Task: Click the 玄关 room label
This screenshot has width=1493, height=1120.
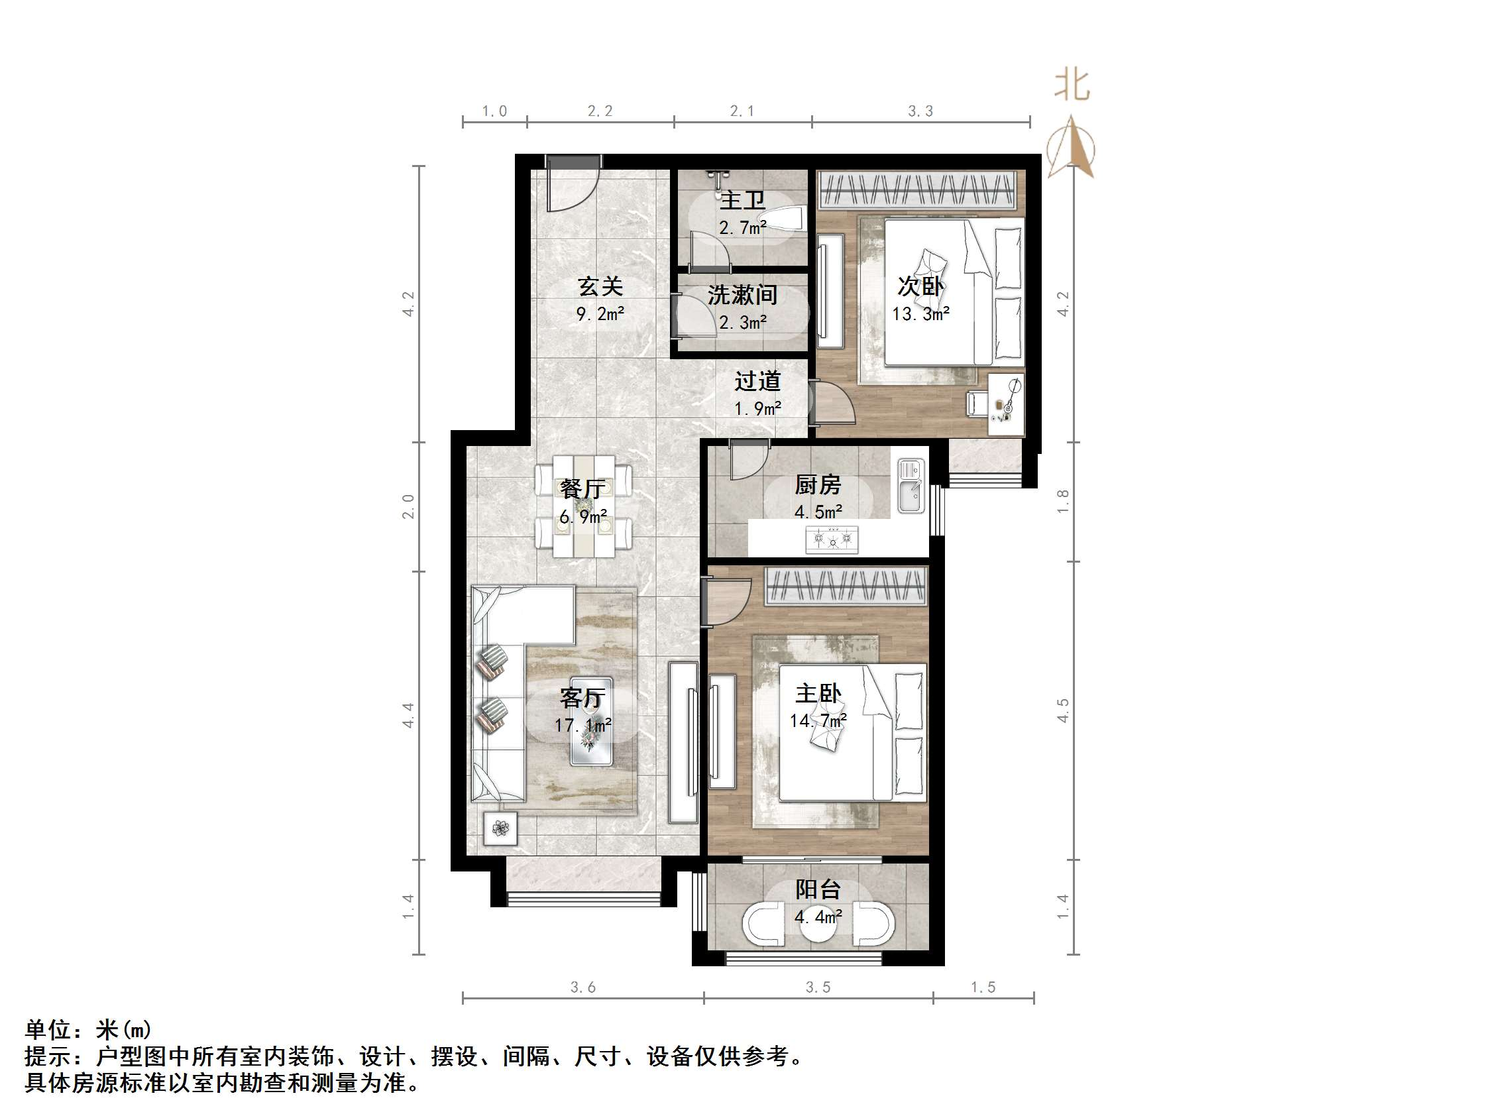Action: pos(599,287)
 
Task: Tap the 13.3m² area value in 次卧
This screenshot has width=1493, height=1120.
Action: pos(920,314)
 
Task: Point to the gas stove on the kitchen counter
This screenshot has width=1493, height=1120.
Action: pos(832,540)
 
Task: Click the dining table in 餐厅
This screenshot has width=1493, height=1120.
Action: pos(584,506)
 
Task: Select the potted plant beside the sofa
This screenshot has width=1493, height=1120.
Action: pos(500,828)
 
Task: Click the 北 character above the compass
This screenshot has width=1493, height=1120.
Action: pos(1072,86)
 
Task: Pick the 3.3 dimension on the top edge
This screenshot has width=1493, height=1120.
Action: pos(920,111)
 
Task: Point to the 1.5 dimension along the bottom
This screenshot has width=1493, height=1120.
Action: pos(983,987)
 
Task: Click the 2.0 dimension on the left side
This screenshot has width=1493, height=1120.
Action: pos(408,506)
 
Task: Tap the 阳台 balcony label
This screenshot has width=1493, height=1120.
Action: pos(817,890)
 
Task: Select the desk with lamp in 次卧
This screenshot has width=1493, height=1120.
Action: pos(1006,404)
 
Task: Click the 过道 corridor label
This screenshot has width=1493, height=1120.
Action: pos(757,382)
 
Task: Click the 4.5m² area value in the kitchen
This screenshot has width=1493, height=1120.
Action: pos(818,512)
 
